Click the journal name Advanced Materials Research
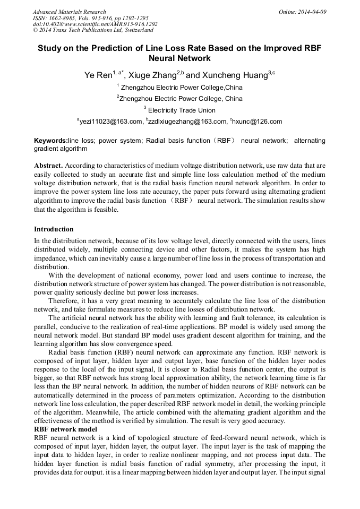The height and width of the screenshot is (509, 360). [x=69, y=12]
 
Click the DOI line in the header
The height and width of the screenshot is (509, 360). [x=95, y=24]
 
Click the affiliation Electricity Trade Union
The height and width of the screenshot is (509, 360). [x=182, y=110]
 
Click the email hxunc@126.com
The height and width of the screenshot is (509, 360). [x=258, y=122]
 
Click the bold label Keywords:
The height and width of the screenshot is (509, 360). [x=50, y=141]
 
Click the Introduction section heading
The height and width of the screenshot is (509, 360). [x=54, y=229]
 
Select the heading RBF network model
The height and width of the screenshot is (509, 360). [x=65, y=429]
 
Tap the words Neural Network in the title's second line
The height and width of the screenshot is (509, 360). [x=180, y=58]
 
